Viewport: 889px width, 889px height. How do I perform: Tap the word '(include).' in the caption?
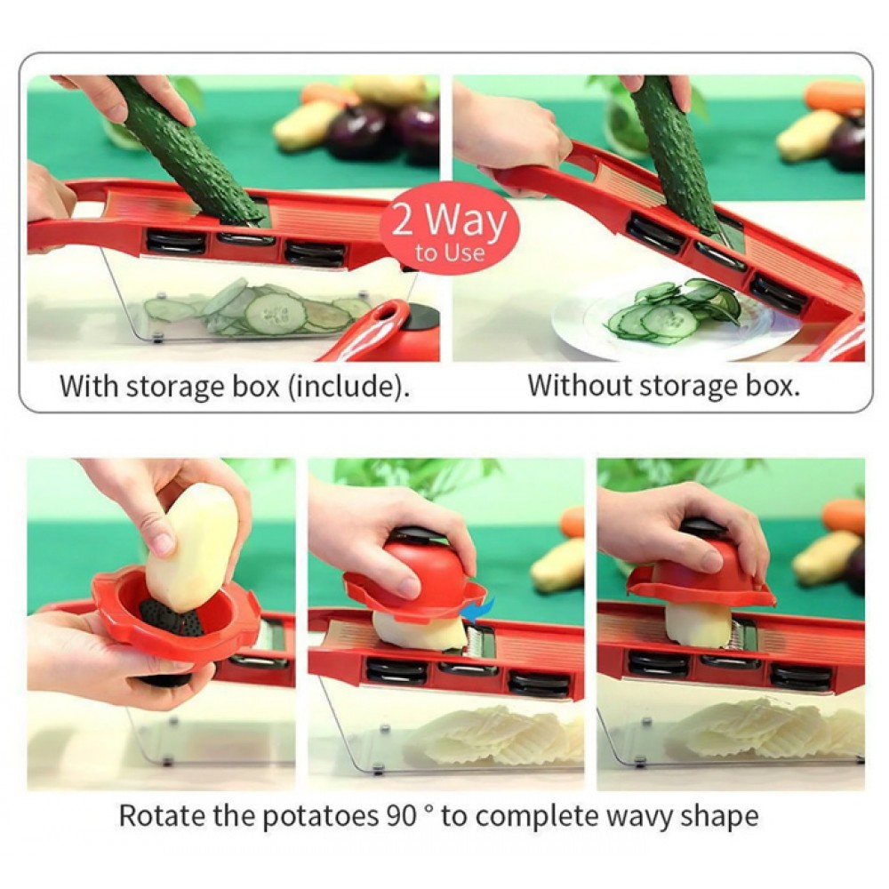tap(348, 388)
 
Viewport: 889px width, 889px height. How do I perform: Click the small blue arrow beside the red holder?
tap(478, 610)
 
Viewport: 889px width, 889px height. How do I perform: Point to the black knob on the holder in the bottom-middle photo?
tap(418, 534)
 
